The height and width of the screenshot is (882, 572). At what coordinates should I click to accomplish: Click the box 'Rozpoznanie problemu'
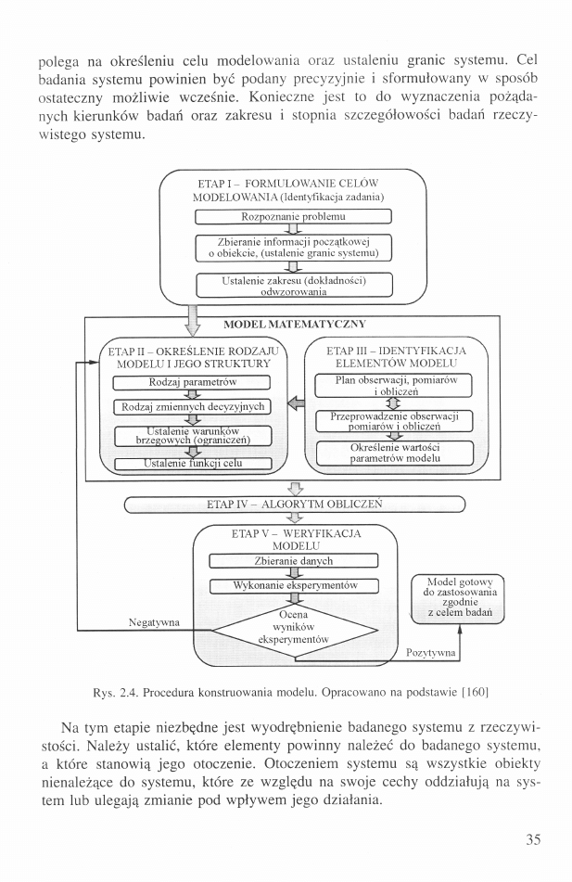pyautogui.click(x=293, y=216)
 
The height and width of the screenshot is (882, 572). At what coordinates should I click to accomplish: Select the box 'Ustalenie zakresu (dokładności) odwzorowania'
pyautogui.click(x=293, y=284)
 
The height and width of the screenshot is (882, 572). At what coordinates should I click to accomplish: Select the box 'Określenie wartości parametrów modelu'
pyautogui.click(x=394, y=453)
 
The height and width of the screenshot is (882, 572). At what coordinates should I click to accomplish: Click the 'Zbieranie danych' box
pyautogui.click(x=293, y=560)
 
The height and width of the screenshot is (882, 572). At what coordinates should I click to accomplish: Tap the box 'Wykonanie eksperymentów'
pyautogui.click(x=293, y=585)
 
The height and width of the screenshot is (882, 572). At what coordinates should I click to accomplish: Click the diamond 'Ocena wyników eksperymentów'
pyautogui.click(x=297, y=628)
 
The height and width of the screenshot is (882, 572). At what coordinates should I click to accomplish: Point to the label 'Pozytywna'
pyautogui.click(x=431, y=653)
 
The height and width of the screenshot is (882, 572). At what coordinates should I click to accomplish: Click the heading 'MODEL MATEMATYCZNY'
pyautogui.click(x=295, y=325)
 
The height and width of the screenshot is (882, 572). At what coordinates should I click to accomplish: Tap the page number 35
pyautogui.click(x=532, y=840)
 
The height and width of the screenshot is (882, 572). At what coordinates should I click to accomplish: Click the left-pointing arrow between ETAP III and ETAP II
pyautogui.click(x=296, y=403)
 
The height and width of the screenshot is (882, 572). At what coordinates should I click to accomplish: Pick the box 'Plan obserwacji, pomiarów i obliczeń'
pyautogui.click(x=394, y=386)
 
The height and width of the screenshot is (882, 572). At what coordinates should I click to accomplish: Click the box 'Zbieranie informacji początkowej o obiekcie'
pyautogui.click(x=293, y=247)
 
